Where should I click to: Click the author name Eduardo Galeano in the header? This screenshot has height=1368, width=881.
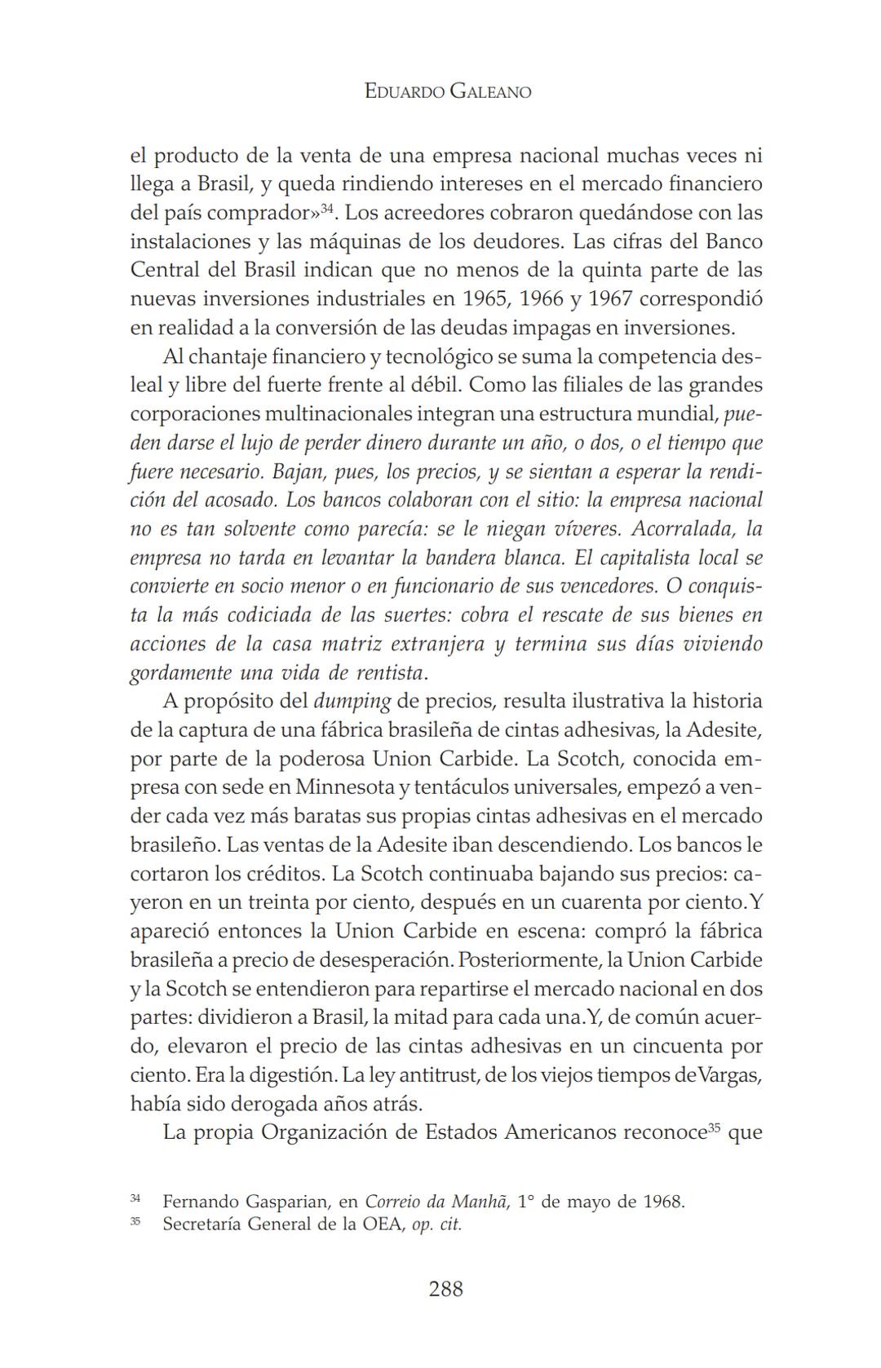[448, 92]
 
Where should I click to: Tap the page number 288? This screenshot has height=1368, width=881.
[446, 1288]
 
